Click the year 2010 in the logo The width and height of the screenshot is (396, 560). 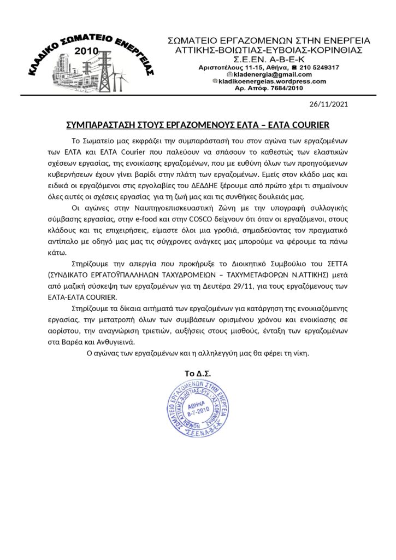point(88,50)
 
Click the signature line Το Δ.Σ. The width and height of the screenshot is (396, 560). point(198,374)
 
